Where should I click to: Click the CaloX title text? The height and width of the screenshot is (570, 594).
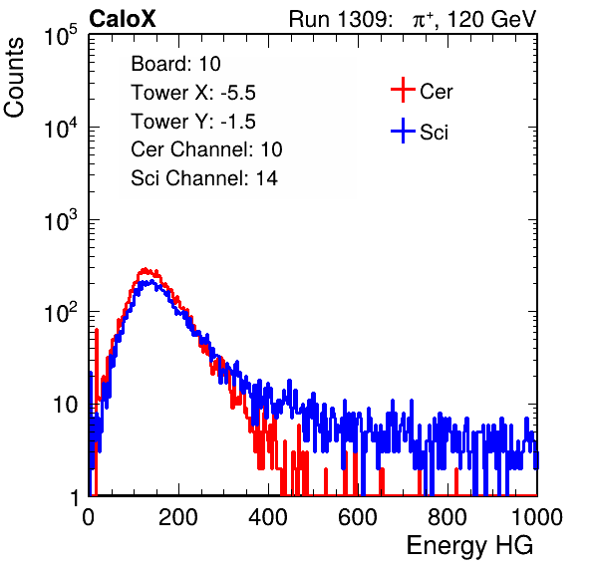click(x=123, y=19)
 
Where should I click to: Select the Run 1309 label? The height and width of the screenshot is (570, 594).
click(x=340, y=19)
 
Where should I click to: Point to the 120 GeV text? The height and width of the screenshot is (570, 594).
click(x=491, y=19)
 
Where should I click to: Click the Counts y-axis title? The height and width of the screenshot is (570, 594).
click(x=14, y=78)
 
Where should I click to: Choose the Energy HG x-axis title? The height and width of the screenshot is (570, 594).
click(x=469, y=546)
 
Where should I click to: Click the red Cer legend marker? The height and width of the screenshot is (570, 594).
click(x=403, y=90)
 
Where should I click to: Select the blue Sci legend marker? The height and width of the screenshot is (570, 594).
click(x=403, y=131)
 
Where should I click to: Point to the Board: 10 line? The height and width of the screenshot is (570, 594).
click(x=175, y=64)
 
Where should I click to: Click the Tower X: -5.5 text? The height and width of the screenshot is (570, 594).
click(x=193, y=93)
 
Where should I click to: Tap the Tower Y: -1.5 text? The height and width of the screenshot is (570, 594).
click(x=193, y=122)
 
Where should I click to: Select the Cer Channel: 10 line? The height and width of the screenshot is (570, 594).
click(x=206, y=149)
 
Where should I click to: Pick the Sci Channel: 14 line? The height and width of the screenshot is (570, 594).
click(x=204, y=178)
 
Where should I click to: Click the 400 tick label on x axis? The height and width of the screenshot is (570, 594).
click(x=268, y=517)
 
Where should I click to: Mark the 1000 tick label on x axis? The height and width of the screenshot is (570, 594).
click(x=537, y=517)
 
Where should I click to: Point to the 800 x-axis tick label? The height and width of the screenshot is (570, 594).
click(x=447, y=517)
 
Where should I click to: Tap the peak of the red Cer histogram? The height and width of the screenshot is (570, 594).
click(x=145, y=269)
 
